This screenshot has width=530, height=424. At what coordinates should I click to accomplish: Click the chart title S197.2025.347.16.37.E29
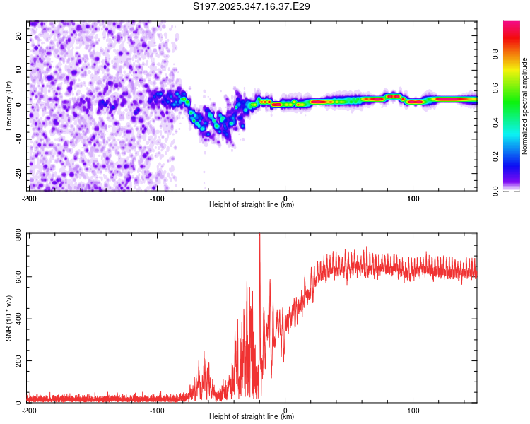(x=252, y=6)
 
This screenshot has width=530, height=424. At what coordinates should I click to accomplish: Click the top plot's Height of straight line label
(x=252, y=205)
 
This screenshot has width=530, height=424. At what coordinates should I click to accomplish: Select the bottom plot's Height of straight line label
(x=252, y=417)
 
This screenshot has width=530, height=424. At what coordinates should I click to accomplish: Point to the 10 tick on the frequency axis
(x=20, y=69)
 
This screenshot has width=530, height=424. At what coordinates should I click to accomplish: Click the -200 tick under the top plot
(x=29, y=198)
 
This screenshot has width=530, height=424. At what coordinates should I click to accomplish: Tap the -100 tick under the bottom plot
(x=157, y=410)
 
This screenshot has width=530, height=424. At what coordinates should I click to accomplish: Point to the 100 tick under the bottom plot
(x=413, y=410)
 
